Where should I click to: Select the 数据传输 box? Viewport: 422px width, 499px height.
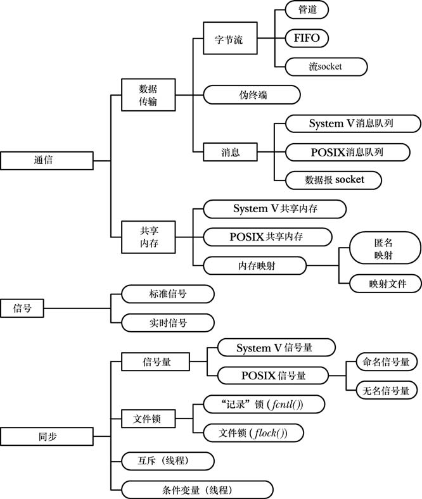(148, 95)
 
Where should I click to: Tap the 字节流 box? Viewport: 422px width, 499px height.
(228, 40)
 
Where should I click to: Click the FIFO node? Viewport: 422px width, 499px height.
(307, 38)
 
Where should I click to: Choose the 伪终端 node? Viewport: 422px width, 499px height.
(252, 95)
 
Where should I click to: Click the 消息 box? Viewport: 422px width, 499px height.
(231, 153)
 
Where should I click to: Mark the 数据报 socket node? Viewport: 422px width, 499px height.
(334, 180)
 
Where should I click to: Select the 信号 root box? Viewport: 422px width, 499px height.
(23, 308)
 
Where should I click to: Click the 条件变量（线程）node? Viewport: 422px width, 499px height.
(197, 490)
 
